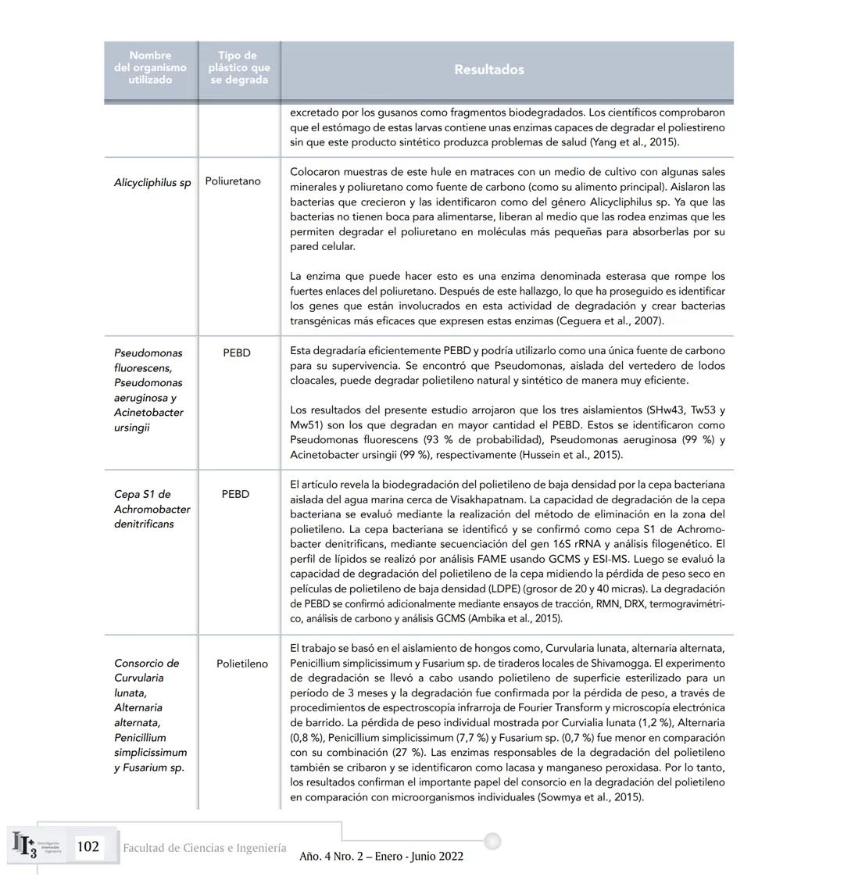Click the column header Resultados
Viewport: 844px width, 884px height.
click(x=488, y=70)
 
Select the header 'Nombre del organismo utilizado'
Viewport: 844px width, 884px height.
click(x=150, y=68)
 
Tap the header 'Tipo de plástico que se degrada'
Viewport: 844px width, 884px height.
click(x=238, y=68)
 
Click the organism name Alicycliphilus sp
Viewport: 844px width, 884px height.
click(x=152, y=183)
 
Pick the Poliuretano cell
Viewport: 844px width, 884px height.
click(x=233, y=181)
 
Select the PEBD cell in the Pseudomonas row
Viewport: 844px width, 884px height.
click(x=236, y=353)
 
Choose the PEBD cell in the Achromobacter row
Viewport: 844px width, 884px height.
click(x=235, y=495)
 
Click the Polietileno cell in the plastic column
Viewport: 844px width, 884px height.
click(x=242, y=664)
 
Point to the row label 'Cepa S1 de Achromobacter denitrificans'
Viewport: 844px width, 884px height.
click(x=152, y=509)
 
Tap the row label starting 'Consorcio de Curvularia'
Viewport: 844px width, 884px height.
click(x=151, y=715)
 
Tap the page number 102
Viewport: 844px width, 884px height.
click(x=88, y=846)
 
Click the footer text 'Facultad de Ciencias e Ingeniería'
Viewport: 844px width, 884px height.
click(x=204, y=848)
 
